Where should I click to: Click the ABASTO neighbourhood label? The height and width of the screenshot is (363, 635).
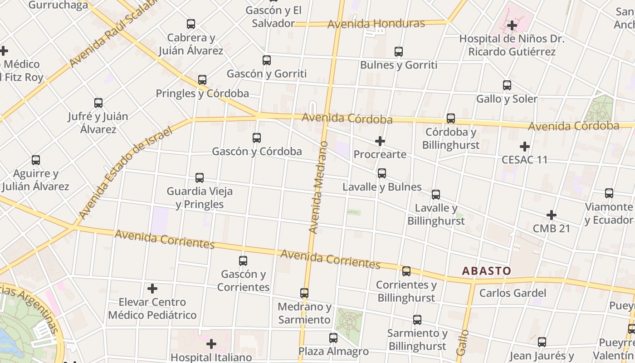[x=486, y=271]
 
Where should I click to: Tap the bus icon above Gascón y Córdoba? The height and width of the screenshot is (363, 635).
[x=257, y=137]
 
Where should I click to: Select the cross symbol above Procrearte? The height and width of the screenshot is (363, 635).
[x=380, y=141]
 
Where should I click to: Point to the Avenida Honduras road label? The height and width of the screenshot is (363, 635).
[x=376, y=24]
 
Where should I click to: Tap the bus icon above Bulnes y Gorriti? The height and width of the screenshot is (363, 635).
[x=399, y=52]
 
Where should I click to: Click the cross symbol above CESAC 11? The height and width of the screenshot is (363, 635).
[x=525, y=146]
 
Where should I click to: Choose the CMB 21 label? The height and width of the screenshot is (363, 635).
[x=551, y=228]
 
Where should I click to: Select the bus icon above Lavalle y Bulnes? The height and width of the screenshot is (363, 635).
[x=382, y=173]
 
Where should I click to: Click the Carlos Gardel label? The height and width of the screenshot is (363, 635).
[x=513, y=293]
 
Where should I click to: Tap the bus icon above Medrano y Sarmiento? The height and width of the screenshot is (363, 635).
[x=304, y=293]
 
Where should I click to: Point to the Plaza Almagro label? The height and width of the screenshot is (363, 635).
[x=333, y=351]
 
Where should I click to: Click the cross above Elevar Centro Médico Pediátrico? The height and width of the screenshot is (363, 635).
[x=152, y=288]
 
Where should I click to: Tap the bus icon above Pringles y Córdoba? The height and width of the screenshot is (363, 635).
[x=202, y=80]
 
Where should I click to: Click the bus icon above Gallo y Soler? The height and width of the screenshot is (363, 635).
[x=507, y=85]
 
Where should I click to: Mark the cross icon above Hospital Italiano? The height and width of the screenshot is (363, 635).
[x=211, y=344]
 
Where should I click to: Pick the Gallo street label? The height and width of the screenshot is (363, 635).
[x=462, y=342]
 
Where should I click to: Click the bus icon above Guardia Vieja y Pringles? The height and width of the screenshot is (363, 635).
[x=200, y=177]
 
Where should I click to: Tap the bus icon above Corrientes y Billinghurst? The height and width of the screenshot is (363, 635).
[x=406, y=271]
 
